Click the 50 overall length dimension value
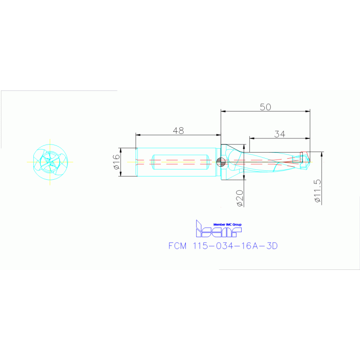pyautogui.click(x=265, y=107)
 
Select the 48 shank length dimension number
pyautogui.click(x=178, y=131)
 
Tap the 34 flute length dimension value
pyautogui.click(x=280, y=134)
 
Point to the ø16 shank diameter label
pyautogui.click(x=116, y=162)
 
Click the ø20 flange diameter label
pyautogui.click(x=239, y=199)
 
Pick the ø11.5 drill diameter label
pyautogui.click(x=318, y=191)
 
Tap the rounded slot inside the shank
pyautogui.click(x=180, y=162)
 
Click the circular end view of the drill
pyautogui.click(x=50, y=161)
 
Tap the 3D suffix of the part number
pyautogui.click(x=272, y=246)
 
